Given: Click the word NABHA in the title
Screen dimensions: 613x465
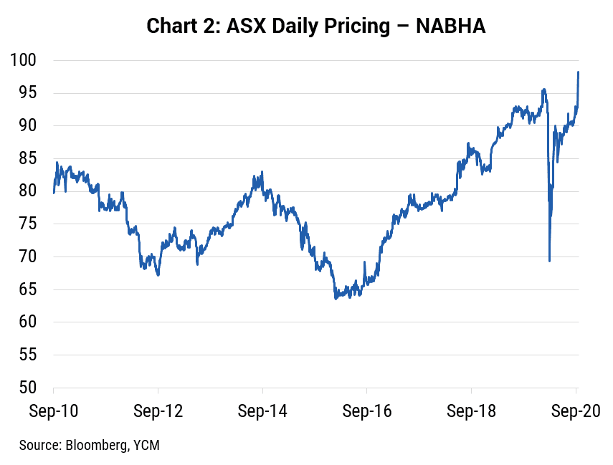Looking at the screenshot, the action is [450, 27].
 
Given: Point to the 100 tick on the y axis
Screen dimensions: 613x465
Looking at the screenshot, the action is [23, 60].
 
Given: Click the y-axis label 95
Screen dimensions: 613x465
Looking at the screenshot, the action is [27, 93].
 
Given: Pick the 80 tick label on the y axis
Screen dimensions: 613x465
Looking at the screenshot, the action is [27, 191].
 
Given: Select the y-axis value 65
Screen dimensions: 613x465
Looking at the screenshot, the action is [27, 289].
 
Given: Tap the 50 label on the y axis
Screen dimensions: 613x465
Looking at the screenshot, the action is [27, 388].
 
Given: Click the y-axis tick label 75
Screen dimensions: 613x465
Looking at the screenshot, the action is [27, 224].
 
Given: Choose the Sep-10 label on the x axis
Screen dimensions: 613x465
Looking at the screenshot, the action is [54, 411].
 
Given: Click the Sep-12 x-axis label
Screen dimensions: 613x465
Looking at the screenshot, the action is [158, 411].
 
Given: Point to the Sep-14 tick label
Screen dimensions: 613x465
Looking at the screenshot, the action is [262, 411].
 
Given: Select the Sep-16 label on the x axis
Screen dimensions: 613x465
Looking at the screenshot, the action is [366, 411].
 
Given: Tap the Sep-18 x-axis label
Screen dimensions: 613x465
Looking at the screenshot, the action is [471, 411].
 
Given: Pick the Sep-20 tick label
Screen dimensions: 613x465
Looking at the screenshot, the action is [576, 411].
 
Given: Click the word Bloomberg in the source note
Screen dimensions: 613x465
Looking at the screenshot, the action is [97, 446].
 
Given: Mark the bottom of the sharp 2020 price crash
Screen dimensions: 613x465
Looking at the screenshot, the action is [549, 261].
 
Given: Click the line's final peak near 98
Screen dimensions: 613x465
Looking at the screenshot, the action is [578, 72].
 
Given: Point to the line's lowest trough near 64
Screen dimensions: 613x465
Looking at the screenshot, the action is [336, 299].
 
